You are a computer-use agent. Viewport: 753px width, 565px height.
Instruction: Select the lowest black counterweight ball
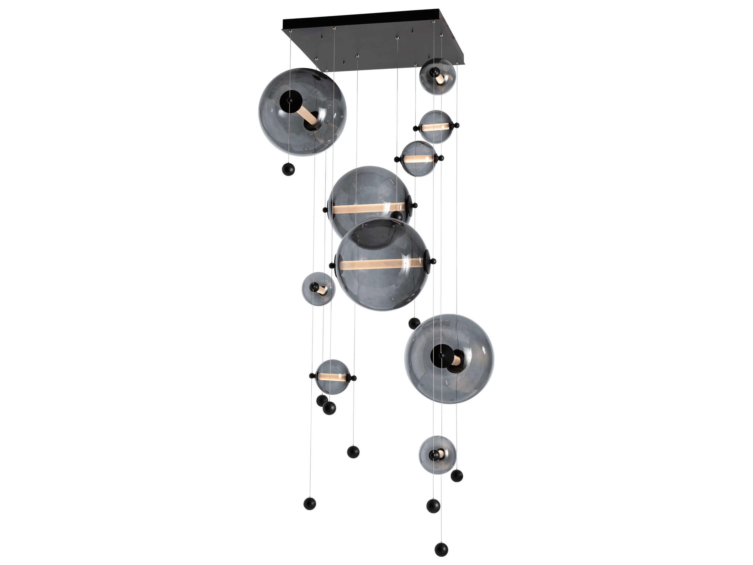tap(441, 549)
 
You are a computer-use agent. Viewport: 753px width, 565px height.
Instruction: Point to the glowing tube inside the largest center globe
tap(381, 264)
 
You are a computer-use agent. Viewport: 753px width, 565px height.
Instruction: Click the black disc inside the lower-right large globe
tap(442, 355)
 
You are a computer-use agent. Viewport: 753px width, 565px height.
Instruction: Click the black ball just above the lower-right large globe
tap(414, 323)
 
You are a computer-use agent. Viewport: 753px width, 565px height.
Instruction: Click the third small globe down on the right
tap(418, 159)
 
